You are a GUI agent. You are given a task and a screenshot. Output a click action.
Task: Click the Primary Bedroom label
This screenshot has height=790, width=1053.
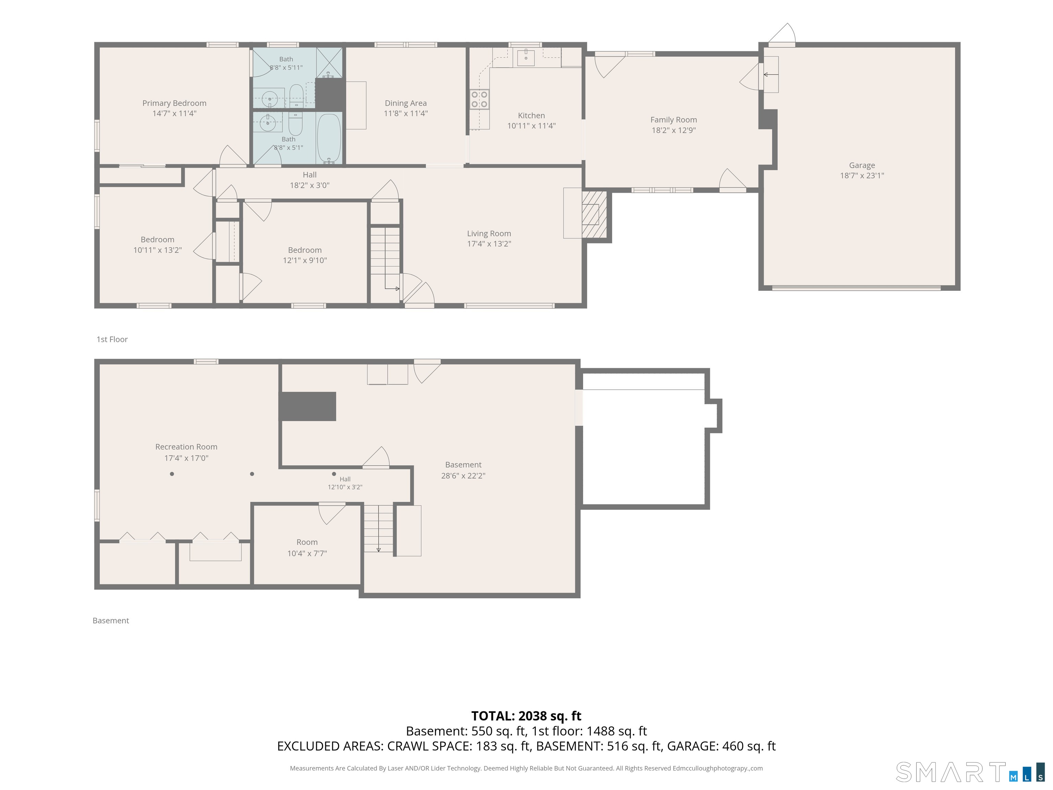174,103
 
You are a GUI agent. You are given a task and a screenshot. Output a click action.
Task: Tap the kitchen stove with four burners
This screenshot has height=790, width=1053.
480,99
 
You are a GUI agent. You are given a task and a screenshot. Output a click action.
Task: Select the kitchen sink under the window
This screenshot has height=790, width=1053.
525,57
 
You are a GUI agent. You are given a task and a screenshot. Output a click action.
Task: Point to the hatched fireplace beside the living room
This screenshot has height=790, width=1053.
594,214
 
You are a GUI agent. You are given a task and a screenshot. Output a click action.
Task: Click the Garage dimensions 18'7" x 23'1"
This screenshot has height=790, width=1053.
862,176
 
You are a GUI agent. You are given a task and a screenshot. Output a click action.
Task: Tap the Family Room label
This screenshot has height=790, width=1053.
674,120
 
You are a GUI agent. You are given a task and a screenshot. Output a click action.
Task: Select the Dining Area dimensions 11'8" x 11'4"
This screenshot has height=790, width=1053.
406,113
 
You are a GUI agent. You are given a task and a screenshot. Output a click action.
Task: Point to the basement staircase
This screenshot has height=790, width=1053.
379,528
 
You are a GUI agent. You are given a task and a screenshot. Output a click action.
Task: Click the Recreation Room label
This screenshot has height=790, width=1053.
186,447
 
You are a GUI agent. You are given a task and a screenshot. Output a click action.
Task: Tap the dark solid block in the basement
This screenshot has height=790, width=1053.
307,406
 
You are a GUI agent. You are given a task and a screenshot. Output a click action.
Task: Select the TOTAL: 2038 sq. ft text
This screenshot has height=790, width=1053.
526,716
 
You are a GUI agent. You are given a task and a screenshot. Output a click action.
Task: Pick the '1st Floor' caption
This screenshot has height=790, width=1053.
112,339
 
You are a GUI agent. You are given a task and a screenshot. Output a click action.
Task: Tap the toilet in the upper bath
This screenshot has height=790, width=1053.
296,96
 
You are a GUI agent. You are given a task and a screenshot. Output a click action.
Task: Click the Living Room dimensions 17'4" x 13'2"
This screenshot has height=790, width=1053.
489,244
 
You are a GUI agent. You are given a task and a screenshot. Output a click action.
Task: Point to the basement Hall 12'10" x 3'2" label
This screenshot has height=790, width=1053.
345,483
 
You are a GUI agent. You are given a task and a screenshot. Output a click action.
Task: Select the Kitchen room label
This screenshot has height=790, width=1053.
531,116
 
